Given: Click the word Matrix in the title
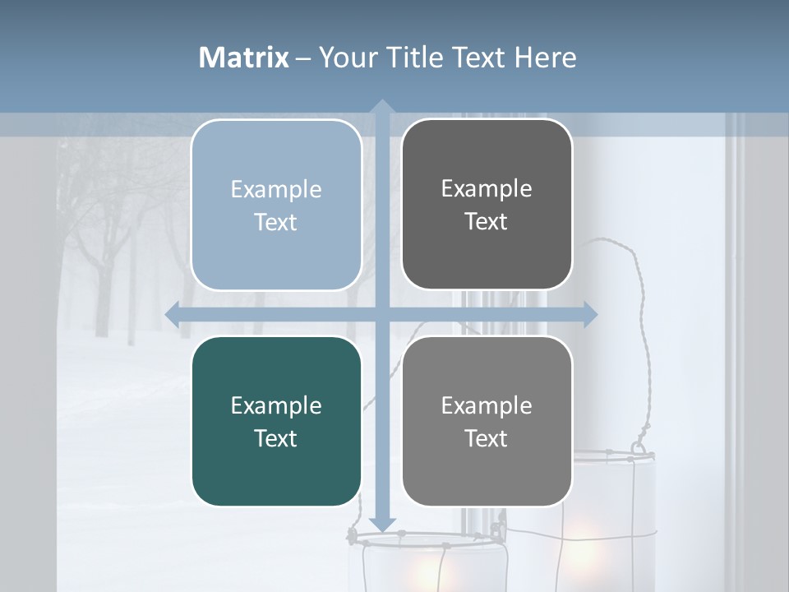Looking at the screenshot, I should coord(244,58).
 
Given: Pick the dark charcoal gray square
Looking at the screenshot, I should coord(487,255).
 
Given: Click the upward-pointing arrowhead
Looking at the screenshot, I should coord(381,106).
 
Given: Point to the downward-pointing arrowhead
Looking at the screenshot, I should coord(381,525).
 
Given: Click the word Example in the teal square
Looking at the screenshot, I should coord(276,405).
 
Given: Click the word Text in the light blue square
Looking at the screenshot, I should coord(276,222).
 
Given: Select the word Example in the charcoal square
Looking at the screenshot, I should coord(487,188).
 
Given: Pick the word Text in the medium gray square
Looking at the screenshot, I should coord(487,438).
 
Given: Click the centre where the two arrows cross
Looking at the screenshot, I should coord(381,314).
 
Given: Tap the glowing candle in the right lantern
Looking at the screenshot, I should coord(585,539).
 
